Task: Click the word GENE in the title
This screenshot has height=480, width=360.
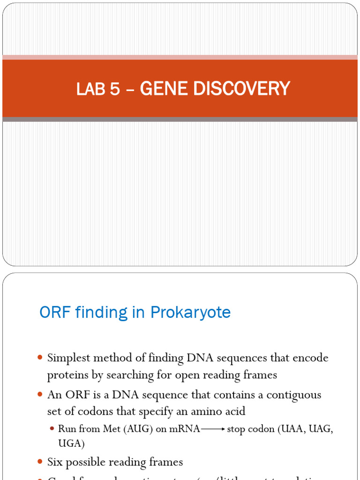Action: (x=159, y=89)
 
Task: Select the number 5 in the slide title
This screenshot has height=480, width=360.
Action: (x=115, y=89)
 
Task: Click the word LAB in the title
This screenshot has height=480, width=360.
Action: (x=91, y=89)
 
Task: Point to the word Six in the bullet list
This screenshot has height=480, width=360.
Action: (x=55, y=462)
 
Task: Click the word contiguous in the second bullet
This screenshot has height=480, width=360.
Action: (x=294, y=395)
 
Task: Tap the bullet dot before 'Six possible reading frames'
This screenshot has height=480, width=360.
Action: (x=40, y=462)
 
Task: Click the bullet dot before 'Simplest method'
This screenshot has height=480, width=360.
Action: (x=40, y=358)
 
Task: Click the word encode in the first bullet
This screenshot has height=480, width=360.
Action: (x=310, y=358)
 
